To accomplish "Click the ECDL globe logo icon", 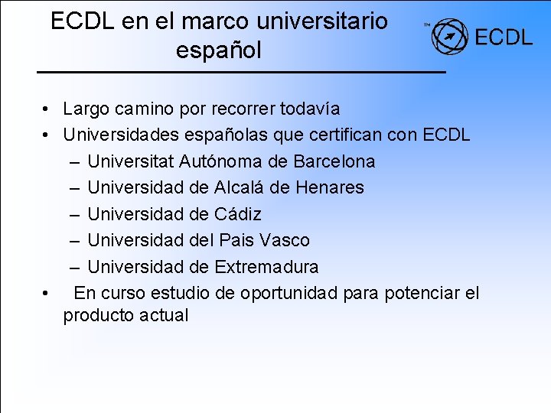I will (x=449, y=37).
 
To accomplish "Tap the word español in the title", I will (x=218, y=50).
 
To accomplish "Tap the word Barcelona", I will (x=335, y=161).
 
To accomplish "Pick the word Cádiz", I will (x=238, y=214).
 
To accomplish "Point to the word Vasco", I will (x=285, y=240).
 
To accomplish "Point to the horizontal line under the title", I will (x=241, y=71).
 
